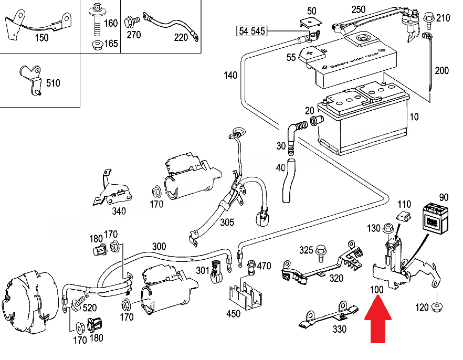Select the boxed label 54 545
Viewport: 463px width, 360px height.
[252, 32]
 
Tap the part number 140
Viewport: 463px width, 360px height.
[230, 75]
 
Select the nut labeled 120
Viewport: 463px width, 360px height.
[437, 307]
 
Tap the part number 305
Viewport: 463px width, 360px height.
[227, 223]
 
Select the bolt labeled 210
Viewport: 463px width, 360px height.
[428, 18]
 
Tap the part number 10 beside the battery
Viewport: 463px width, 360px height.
[414, 117]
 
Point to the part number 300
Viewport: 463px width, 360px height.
[159, 246]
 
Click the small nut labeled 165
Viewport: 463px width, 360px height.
[96, 44]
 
